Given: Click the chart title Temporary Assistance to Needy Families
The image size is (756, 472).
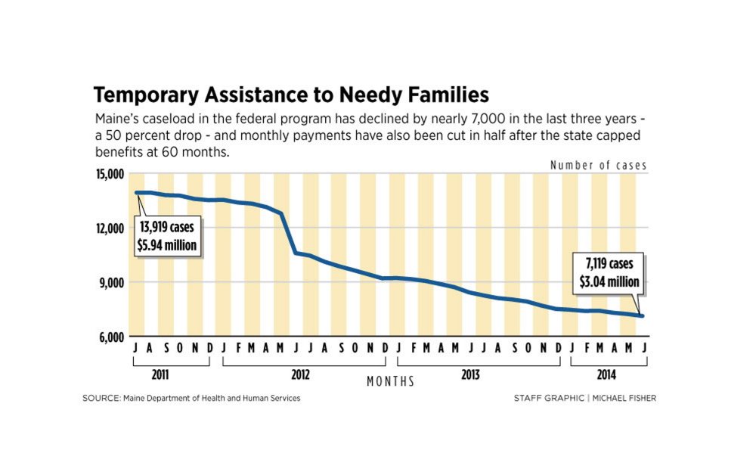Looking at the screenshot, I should [x=290, y=95].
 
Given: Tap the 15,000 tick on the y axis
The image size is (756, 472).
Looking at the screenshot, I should [x=109, y=175].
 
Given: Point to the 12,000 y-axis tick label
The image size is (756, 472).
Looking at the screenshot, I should [x=109, y=228].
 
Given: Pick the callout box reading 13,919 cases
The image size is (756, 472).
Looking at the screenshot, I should [x=168, y=234].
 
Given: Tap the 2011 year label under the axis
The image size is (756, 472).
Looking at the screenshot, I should [x=160, y=374].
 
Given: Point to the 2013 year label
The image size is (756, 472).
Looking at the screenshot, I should [x=470, y=374].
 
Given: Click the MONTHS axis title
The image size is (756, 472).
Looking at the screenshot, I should [x=390, y=382].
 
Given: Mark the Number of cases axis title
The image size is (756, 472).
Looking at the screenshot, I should [x=598, y=165].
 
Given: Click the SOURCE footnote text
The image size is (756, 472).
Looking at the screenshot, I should [x=191, y=399].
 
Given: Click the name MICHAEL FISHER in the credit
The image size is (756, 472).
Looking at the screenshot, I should [x=624, y=399].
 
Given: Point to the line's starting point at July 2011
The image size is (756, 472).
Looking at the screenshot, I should [x=137, y=193].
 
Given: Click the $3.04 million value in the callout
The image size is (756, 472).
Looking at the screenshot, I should [x=611, y=282].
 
